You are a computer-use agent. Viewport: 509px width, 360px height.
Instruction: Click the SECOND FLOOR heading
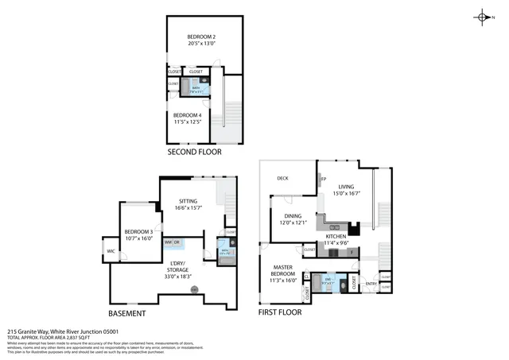pyautogui.click(x=194, y=152)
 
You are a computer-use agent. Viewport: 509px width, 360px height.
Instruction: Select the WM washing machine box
pyautogui.click(x=168, y=242)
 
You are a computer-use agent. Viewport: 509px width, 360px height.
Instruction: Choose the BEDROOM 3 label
pyautogui.click(x=138, y=234)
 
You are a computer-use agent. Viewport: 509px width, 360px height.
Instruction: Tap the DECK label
pyautogui.click(x=282, y=178)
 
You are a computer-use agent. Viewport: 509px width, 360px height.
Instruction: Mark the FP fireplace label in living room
pyautogui.click(x=324, y=178)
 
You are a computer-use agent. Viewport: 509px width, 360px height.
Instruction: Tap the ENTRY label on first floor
pyautogui.click(x=371, y=284)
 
